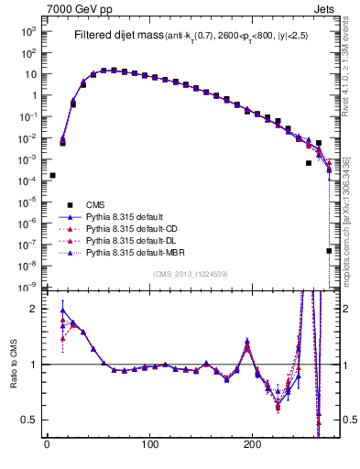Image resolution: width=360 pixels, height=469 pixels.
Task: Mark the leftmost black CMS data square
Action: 52,175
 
